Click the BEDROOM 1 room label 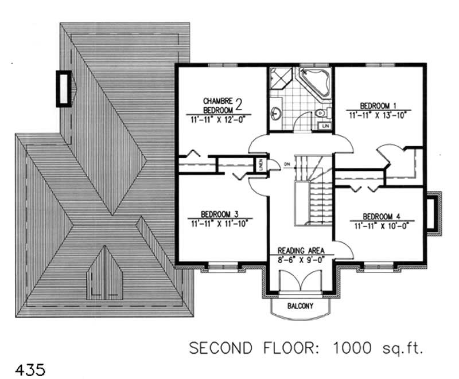click(x=378, y=106)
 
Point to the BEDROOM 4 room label click(x=381, y=216)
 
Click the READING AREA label click(x=301, y=251)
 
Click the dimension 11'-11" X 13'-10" click(x=379, y=115)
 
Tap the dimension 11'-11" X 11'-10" click(x=219, y=224)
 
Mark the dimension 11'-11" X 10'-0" click(x=381, y=225)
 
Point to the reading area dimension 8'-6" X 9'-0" click(x=301, y=259)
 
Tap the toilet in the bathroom click(x=321, y=113)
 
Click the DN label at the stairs click(x=286, y=165)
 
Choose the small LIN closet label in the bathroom click(x=325, y=125)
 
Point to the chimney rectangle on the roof click(x=64, y=88)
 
